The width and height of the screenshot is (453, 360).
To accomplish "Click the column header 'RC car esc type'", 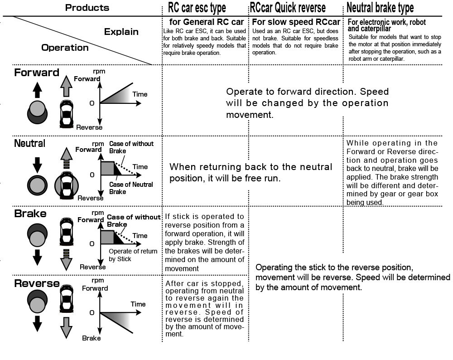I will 197,8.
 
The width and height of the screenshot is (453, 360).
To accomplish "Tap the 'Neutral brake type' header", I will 380,8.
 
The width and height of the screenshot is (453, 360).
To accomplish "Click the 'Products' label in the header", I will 87,8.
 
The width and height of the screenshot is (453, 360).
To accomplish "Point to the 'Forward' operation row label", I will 37,73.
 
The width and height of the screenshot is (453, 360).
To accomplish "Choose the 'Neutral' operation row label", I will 30,143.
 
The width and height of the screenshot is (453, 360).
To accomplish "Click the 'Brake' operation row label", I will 30,214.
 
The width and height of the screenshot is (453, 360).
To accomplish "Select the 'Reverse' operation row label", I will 37,284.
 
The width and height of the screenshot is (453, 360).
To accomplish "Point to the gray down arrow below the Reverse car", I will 66,327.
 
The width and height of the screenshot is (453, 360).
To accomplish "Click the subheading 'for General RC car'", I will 207,22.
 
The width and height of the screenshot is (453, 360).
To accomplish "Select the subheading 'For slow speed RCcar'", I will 296,22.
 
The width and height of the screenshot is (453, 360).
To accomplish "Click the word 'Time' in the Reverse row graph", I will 138,304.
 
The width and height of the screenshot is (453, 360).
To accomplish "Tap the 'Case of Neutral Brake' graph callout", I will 130,188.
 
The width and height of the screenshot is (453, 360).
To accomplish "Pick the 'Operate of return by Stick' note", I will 133,255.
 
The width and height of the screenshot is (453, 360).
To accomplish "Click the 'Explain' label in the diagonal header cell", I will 121,32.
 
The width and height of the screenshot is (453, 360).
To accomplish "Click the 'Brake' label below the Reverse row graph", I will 91,338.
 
